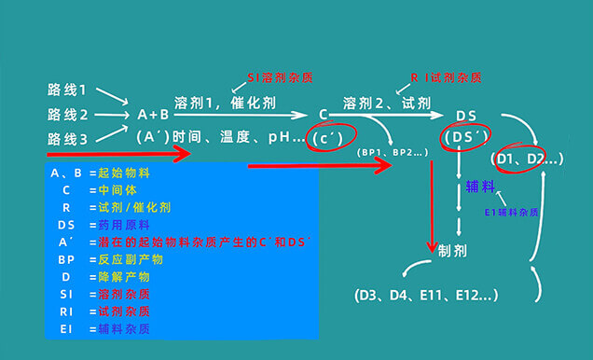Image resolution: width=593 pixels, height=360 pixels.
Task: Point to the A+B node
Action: (154, 115)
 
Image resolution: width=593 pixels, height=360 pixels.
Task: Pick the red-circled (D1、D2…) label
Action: (529, 159)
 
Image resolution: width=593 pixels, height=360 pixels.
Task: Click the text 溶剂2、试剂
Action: (375, 100)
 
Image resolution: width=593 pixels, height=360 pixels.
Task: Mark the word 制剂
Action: (453, 250)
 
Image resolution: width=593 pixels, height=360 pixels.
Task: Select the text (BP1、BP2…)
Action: (388, 151)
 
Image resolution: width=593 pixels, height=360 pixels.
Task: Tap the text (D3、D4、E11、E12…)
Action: (425, 296)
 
